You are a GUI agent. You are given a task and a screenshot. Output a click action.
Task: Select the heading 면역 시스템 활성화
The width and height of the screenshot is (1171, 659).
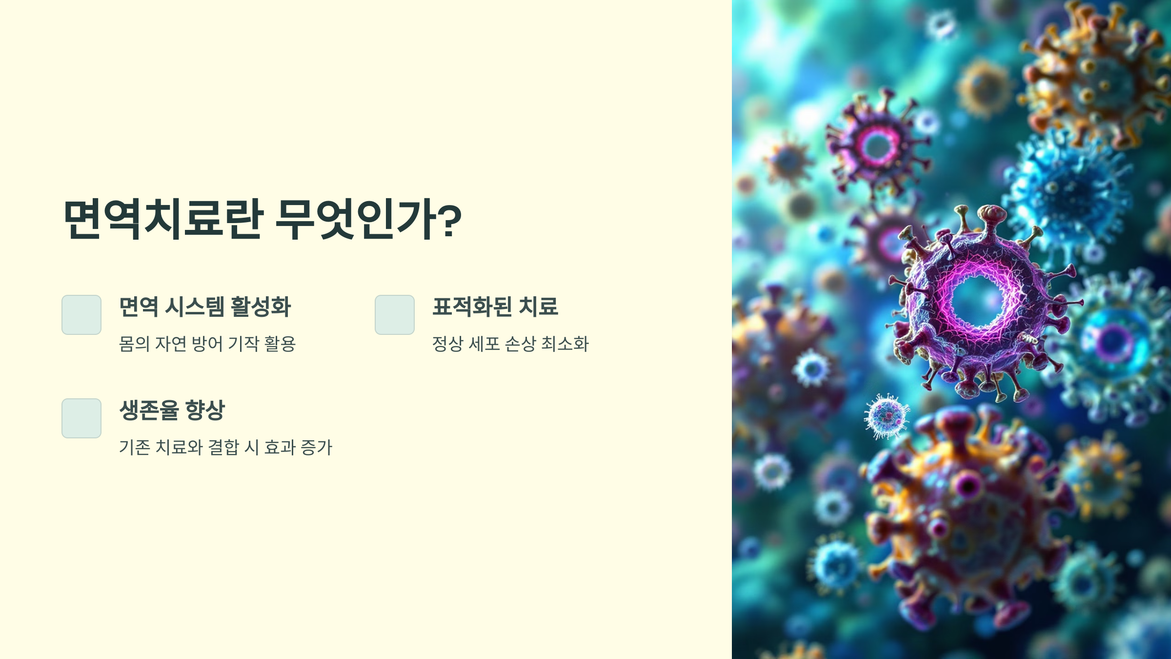(205, 307)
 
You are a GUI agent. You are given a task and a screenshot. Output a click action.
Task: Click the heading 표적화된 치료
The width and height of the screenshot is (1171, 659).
(495, 307)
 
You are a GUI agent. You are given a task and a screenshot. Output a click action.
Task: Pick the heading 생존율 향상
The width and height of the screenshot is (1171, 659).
(172, 410)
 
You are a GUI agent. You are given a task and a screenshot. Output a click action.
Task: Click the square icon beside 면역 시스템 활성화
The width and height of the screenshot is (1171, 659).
(81, 315)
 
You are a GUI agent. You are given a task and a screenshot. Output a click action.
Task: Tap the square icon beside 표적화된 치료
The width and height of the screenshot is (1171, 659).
(395, 315)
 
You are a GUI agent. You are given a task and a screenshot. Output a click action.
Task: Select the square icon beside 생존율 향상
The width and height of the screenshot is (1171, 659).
(81, 418)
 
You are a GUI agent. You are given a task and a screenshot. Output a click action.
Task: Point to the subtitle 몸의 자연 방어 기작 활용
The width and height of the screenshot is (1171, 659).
(207, 344)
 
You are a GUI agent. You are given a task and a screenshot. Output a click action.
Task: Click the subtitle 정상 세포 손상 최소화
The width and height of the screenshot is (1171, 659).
(510, 344)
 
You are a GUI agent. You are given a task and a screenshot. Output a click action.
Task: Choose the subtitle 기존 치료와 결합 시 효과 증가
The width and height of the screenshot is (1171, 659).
(225, 447)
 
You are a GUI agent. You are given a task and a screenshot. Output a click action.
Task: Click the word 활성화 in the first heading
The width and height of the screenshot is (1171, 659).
(261, 307)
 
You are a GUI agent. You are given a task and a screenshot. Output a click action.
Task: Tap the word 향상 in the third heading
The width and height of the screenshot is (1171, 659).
(205, 410)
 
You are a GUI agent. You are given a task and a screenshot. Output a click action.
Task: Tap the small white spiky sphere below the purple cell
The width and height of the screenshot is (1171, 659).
(887, 416)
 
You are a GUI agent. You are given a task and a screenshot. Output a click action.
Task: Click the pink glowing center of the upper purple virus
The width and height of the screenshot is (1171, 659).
(877, 145)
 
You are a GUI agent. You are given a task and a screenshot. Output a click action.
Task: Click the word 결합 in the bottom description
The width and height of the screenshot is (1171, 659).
(223, 447)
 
